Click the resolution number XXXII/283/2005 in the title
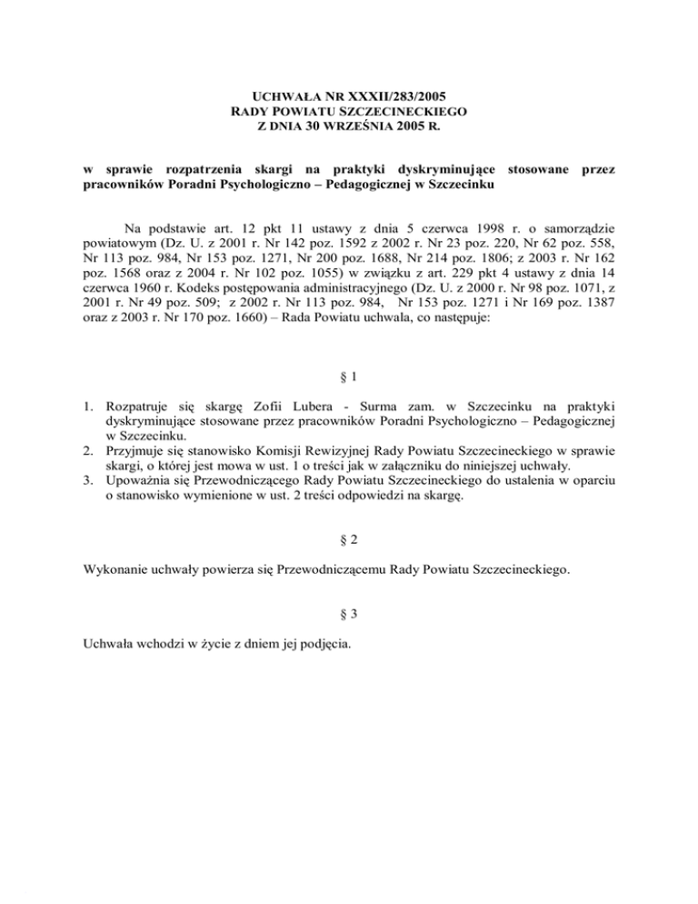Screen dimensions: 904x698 click(x=386, y=94)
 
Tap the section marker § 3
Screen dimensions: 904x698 click(x=348, y=615)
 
